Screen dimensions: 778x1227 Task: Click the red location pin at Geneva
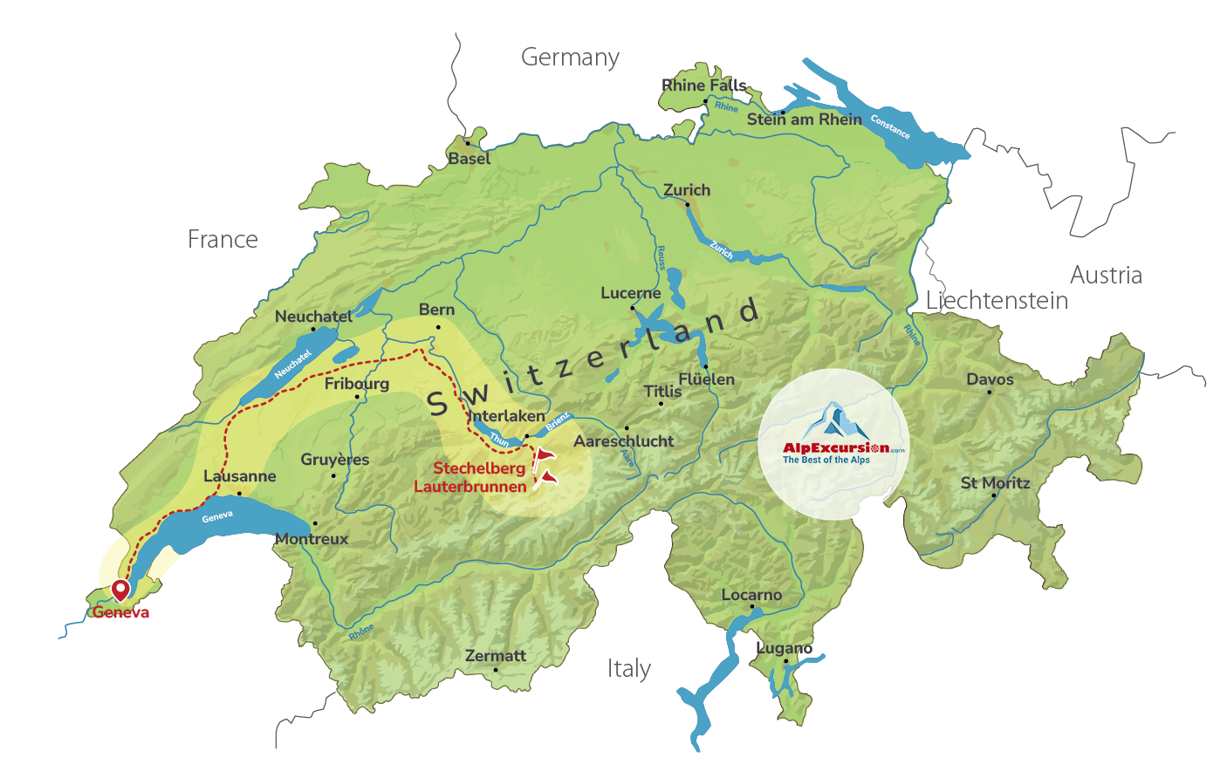point(120,590)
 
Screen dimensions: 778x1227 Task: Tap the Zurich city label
point(687,190)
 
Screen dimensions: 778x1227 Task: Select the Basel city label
point(470,159)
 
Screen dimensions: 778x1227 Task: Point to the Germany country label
point(570,58)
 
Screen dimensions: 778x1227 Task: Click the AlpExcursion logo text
point(835,448)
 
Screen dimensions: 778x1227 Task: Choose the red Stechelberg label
point(479,468)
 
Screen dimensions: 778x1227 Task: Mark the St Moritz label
point(995,483)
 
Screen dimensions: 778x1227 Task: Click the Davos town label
point(990,379)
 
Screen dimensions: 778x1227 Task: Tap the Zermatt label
point(496,656)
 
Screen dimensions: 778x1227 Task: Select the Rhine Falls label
point(703,85)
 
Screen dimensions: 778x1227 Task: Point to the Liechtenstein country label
point(997,301)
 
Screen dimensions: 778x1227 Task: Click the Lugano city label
point(784,648)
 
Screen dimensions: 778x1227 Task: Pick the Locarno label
point(751,595)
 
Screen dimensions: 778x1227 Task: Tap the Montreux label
point(312,539)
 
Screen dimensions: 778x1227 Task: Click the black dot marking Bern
point(438,327)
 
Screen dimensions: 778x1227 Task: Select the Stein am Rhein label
point(804,119)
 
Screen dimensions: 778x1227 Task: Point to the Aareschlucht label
point(623,441)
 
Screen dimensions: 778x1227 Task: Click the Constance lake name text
point(890,126)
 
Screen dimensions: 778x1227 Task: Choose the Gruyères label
point(334,460)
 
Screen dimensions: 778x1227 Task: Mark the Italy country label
point(628,669)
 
